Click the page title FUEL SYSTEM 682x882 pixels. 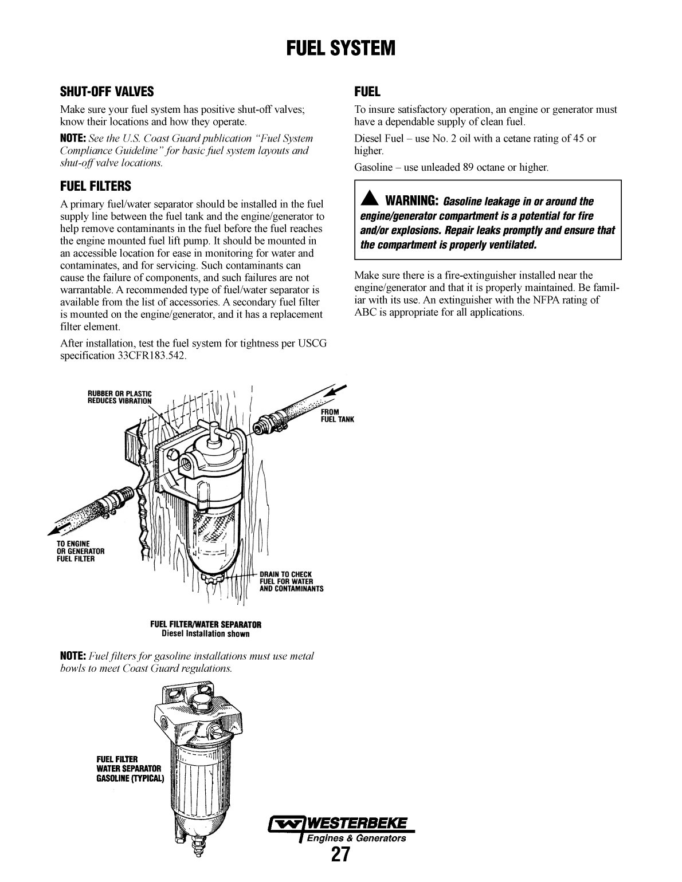pos(341,48)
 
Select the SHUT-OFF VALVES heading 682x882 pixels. pos(107,92)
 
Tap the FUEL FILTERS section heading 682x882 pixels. pos(96,186)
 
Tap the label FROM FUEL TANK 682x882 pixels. pos(337,415)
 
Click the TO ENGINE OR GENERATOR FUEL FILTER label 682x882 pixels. pos(80,551)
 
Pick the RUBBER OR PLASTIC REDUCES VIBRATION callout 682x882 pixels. pos(119,397)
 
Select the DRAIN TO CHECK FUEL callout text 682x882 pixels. pos(291,581)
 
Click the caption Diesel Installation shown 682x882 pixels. pos(206,634)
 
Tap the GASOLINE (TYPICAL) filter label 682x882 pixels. pos(130,779)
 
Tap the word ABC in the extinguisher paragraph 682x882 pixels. pos(364,313)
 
